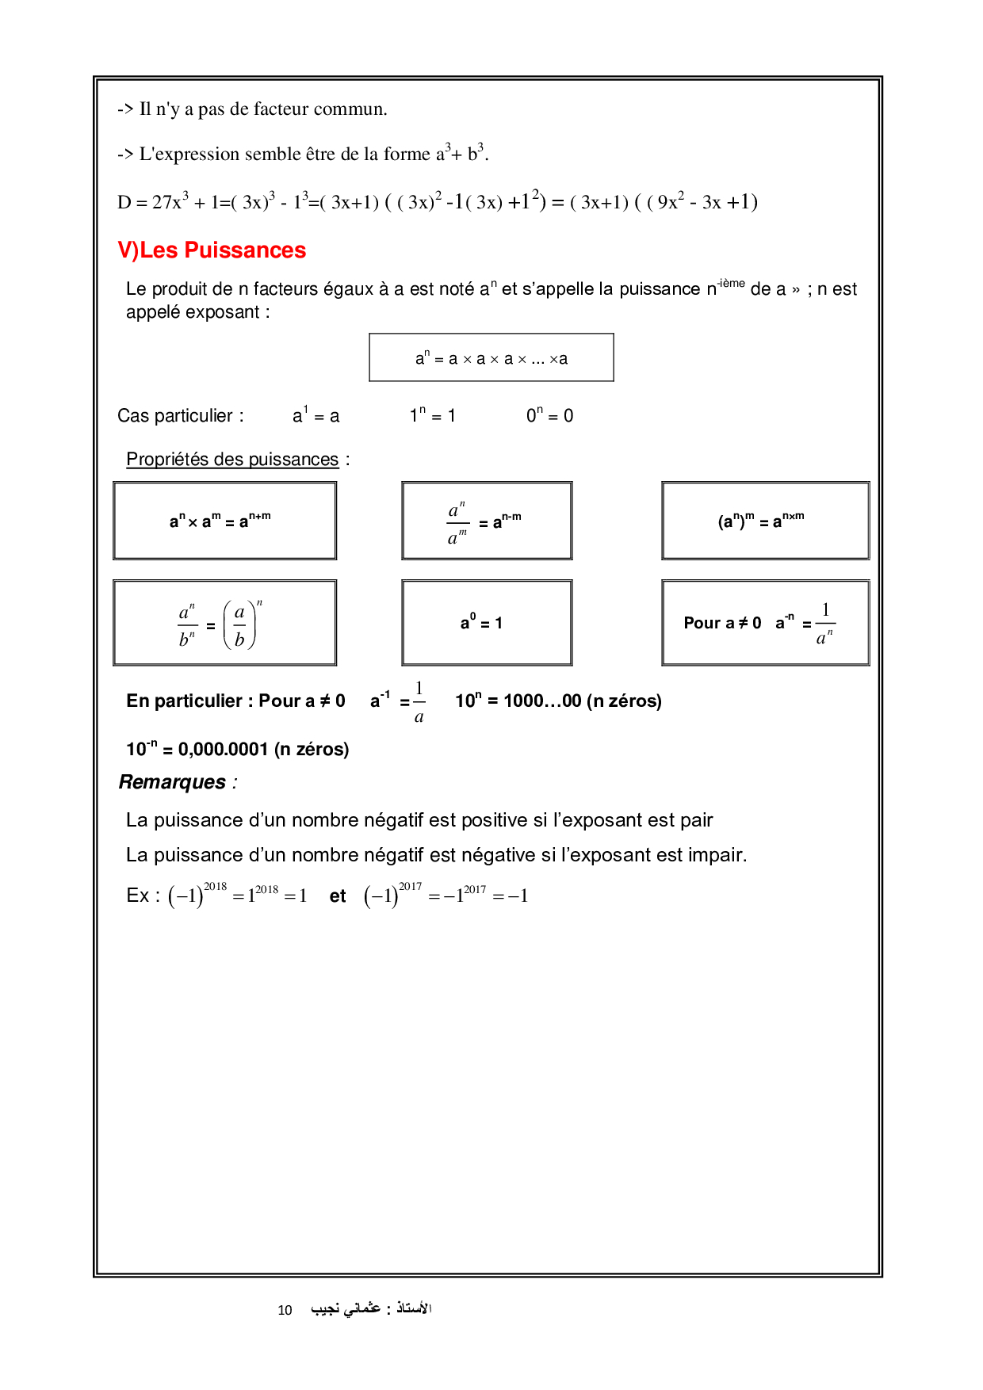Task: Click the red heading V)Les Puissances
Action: (212, 250)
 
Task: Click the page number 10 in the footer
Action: (285, 1310)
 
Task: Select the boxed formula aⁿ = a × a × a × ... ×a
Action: (491, 358)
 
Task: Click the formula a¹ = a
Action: (316, 416)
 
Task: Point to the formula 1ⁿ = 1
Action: (432, 416)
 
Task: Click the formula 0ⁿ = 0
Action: (549, 416)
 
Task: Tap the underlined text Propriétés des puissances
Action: (232, 460)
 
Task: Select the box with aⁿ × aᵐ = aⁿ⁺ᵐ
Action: (224, 521)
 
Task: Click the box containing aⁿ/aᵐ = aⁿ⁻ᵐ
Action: (487, 521)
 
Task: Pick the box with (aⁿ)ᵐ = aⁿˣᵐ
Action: (765, 521)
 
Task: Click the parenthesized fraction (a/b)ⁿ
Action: (240, 624)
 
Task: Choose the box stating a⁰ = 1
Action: (486, 623)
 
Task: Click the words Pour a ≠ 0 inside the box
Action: (721, 623)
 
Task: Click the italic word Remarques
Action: (172, 782)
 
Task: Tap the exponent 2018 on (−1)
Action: (215, 887)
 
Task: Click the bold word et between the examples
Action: (338, 896)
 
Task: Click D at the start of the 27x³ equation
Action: (124, 203)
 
